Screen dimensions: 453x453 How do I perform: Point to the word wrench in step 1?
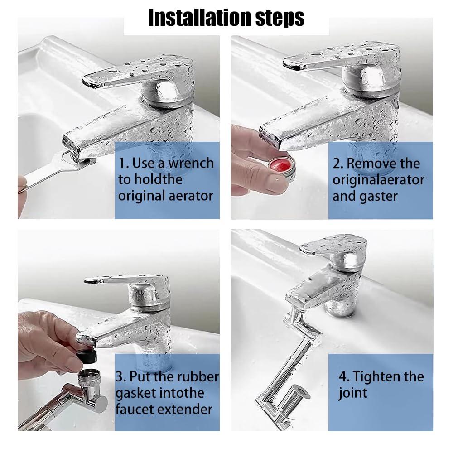(189, 163)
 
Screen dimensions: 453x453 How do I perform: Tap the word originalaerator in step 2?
(378, 180)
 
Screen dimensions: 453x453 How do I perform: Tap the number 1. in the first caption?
(124, 163)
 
